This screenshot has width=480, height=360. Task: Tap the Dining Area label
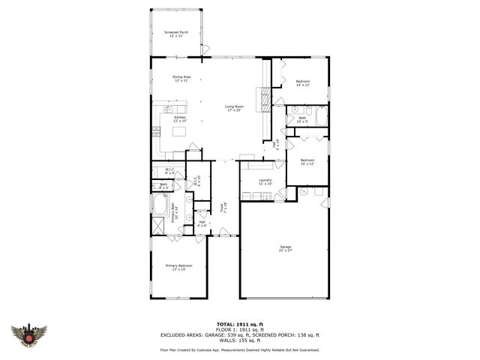click(181, 79)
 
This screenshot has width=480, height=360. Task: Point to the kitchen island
click(180, 132)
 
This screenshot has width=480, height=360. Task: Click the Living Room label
click(233, 108)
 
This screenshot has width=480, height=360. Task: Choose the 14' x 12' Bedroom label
click(302, 82)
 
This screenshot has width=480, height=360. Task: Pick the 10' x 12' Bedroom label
click(307, 161)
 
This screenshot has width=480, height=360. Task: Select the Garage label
click(285, 248)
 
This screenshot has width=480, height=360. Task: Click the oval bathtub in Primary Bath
click(160, 205)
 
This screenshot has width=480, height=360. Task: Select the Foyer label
click(223, 205)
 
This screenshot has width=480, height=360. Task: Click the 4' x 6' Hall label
click(202, 223)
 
